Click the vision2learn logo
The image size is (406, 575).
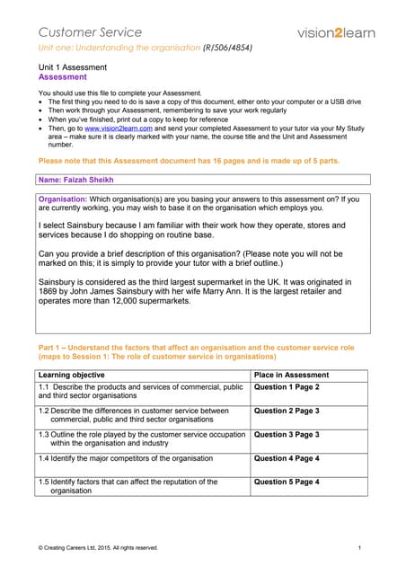point(335,32)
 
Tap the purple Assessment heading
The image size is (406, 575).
point(62,77)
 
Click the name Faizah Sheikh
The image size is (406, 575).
point(89,180)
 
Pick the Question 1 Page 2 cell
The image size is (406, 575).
point(287,387)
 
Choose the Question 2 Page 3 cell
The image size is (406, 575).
point(287,411)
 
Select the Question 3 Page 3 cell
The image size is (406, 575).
point(287,434)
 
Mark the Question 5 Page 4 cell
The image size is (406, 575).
point(287,482)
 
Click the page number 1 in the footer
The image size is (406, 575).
point(359,547)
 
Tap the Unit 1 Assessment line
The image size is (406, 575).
point(72,67)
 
